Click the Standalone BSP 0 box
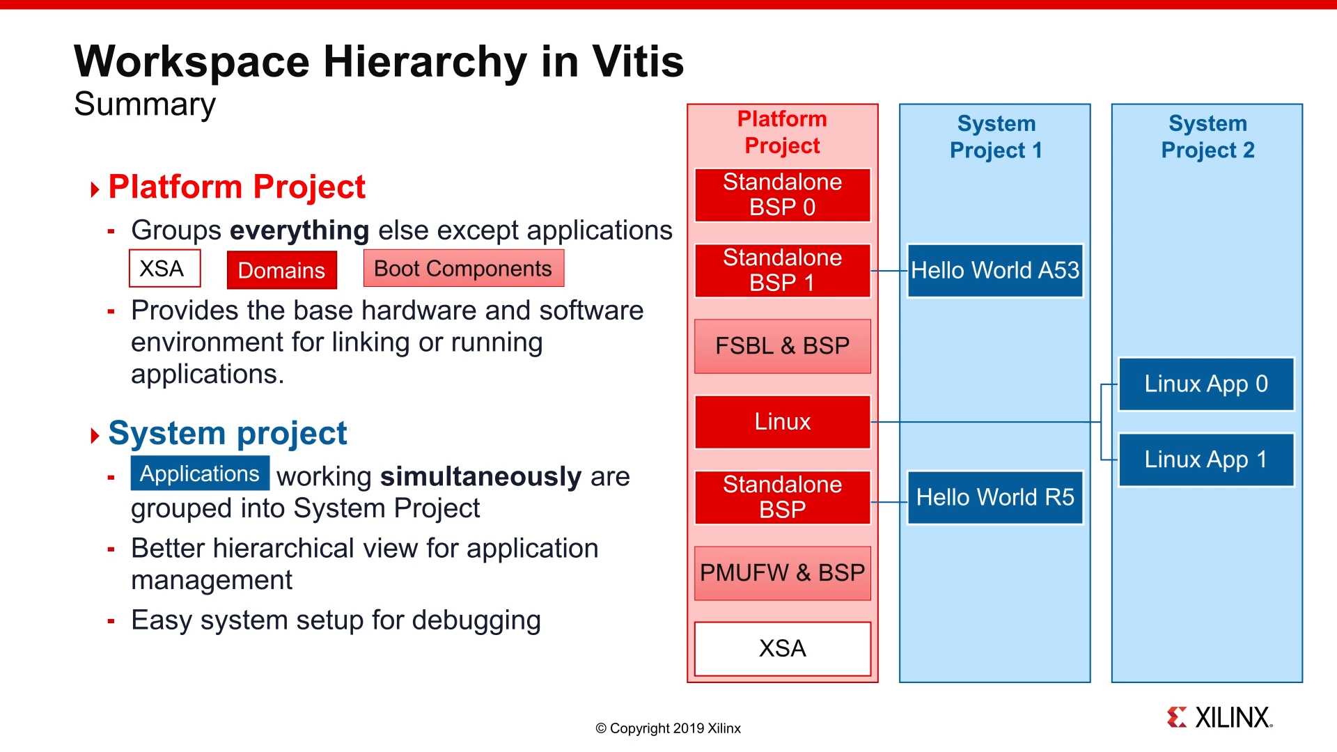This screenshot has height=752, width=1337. pyautogui.click(x=782, y=195)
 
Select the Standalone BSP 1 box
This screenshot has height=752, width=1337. pyautogui.click(x=782, y=270)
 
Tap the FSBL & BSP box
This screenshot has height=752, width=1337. pyautogui.click(x=782, y=346)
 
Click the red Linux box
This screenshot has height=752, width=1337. pyautogui.click(x=782, y=422)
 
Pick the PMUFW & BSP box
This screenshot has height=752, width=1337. pyautogui.click(x=782, y=573)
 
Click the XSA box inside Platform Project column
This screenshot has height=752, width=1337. pyautogui.click(x=782, y=648)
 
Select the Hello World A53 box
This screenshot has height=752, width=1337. pyautogui.click(x=994, y=270)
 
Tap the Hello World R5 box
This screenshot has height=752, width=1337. pyautogui.click(x=994, y=497)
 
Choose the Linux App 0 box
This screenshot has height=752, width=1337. pyautogui.click(x=1205, y=384)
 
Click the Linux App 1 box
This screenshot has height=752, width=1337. pyautogui.click(x=1205, y=460)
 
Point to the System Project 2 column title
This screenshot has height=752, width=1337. pyautogui.click(x=1207, y=137)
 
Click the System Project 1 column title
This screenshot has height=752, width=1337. pyautogui.click(x=996, y=137)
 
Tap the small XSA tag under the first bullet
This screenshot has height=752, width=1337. pyautogui.click(x=164, y=269)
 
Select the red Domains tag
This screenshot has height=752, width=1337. pyautogui.click(x=281, y=270)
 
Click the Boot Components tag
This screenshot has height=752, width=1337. pyautogui.click(x=463, y=269)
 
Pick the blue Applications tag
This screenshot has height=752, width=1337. pyautogui.click(x=200, y=473)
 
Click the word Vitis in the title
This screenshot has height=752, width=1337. pyautogui.click(x=638, y=61)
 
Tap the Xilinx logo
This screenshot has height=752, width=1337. pyautogui.click(x=1219, y=717)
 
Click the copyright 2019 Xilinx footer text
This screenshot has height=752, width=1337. pyautogui.click(x=668, y=728)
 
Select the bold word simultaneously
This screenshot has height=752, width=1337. pyautogui.click(x=480, y=477)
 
